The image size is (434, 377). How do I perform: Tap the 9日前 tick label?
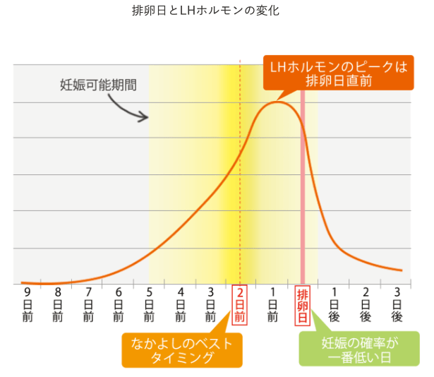pos(28,304)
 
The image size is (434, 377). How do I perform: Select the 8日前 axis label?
pos(58,304)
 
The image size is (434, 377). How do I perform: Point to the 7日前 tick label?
pos(88,304)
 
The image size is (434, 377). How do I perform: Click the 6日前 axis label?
pos(119,304)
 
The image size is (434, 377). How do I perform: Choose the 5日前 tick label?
pos(149,304)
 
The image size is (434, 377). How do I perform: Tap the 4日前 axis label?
pos(180,304)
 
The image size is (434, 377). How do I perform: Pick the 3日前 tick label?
pos(210,304)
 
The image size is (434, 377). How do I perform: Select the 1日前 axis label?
pos(272,304)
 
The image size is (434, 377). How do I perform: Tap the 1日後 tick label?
pos(334,304)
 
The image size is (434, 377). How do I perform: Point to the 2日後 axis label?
pos(366,304)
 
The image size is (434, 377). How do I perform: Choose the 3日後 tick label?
pos(397,304)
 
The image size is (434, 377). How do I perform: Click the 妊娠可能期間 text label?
pos(99,85)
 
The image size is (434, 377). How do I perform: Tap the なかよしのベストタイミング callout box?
pos(181,350)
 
